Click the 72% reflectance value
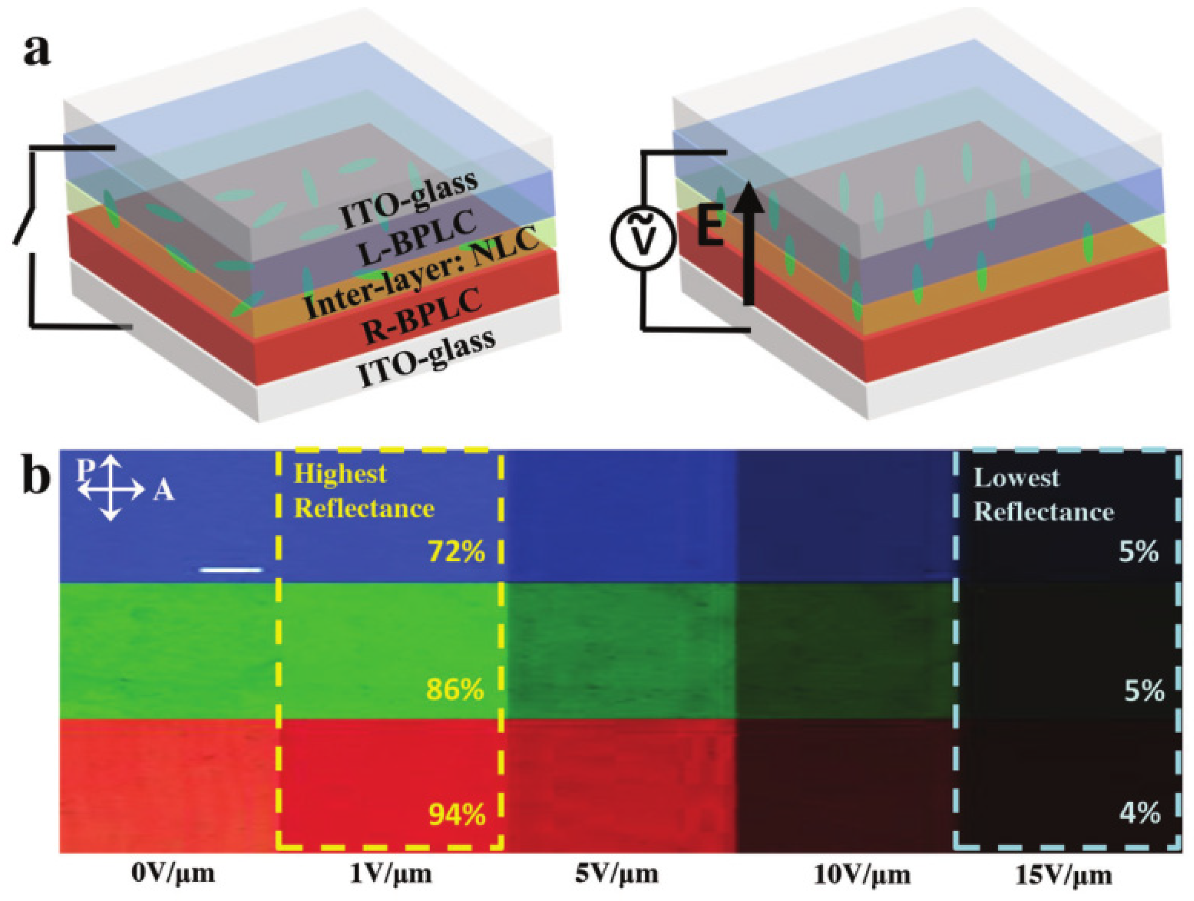pos(457,552)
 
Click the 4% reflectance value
pos(1139,813)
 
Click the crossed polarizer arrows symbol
pos(111,488)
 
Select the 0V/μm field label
pos(173,874)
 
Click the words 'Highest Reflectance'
pos(364,491)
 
